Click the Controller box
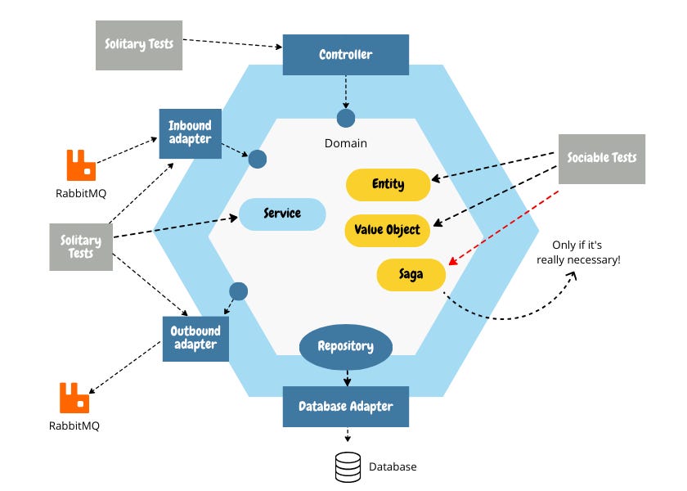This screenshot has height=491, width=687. (345, 55)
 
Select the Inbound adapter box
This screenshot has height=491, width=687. (190, 133)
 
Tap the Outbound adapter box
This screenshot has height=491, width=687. (195, 338)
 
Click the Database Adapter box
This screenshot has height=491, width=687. (345, 407)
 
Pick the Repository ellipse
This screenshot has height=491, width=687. (345, 346)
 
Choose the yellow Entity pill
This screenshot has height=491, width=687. (388, 184)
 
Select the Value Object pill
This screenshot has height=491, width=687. (388, 230)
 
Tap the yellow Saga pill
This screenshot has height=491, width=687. (411, 274)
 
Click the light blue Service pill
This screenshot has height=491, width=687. (282, 214)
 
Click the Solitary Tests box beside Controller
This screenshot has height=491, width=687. (138, 43)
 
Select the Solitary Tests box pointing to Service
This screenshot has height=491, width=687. (80, 246)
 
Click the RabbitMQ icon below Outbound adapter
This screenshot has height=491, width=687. (74, 398)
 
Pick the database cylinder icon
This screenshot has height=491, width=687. (348, 466)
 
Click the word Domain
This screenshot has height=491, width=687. (345, 143)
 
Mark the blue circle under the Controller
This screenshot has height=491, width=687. (345, 118)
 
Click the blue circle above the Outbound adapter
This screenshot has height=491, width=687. (238, 291)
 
